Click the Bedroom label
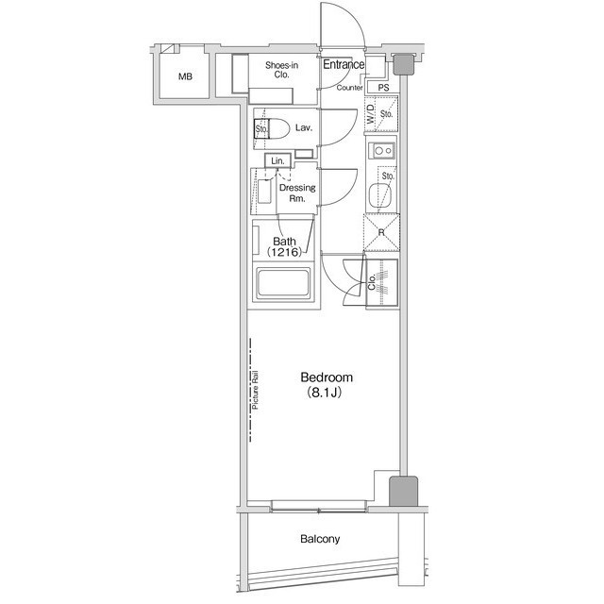pyautogui.click(x=327, y=377)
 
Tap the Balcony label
pyautogui.click(x=320, y=539)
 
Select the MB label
pyautogui.click(x=185, y=76)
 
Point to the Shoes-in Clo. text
pyautogui.click(x=281, y=70)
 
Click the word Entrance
pyautogui.click(x=344, y=64)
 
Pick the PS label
pyautogui.click(x=383, y=88)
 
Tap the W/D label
pyautogui.click(x=371, y=114)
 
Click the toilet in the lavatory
pyautogui.click(x=272, y=128)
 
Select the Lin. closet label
pyautogui.click(x=277, y=160)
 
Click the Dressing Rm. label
pyautogui.click(x=297, y=193)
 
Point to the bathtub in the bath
pyautogui.click(x=283, y=283)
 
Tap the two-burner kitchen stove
pyautogui.click(x=381, y=150)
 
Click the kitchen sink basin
pyautogui.click(x=380, y=196)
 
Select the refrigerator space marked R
pyautogui.click(x=381, y=232)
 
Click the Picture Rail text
pyautogui.click(x=256, y=390)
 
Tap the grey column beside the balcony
pyautogui.click(x=403, y=491)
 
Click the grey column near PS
pyautogui.click(x=404, y=64)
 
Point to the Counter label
pyautogui.click(x=350, y=88)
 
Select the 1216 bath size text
pyautogui.click(x=284, y=252)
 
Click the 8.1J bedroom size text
pyautogui.click(x=325, y=393)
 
